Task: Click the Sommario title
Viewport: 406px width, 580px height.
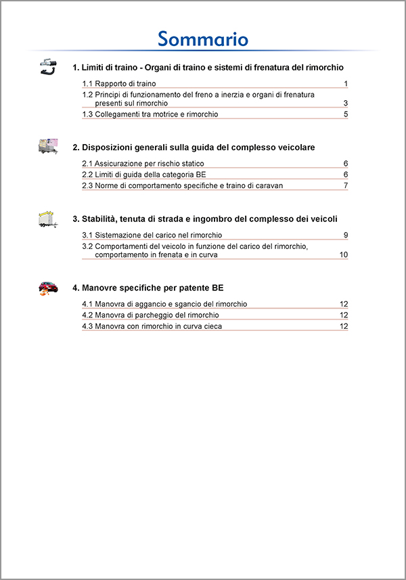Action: (203, 39)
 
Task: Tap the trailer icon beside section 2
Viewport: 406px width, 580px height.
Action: (48, 146)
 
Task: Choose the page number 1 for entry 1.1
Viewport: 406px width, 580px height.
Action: (345, 84)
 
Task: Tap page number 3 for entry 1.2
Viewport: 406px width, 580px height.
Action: (345, 104)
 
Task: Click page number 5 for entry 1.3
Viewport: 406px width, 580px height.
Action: (345, 114)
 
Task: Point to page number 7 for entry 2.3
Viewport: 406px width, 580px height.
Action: (345, 185)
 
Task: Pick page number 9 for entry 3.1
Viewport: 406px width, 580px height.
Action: (345, 235)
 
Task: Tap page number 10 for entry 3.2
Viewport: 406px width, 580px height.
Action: (344, 255)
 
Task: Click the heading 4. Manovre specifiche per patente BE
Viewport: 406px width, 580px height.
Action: (148, 288)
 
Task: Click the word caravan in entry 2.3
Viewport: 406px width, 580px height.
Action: (269, 185)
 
